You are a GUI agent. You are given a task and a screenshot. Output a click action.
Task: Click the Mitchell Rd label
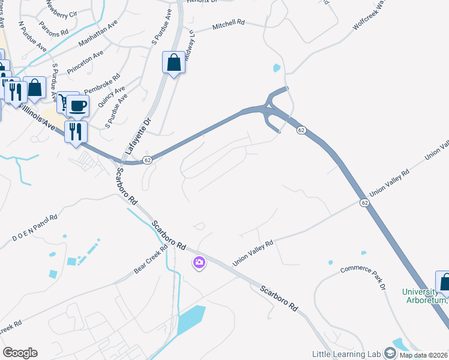point(229,25)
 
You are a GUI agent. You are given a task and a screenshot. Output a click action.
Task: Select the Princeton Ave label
point(85,62)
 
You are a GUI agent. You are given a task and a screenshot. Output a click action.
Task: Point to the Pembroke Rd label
point(102,84)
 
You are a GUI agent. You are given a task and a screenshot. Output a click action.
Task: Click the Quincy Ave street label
point(112,96)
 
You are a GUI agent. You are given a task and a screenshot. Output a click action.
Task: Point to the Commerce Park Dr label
point(363,277)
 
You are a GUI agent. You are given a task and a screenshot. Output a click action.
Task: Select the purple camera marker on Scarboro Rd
point(199,262)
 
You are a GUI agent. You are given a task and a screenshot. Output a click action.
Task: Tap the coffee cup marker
point(77,106)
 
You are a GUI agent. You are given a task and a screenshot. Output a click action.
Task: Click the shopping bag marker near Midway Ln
point(173,62)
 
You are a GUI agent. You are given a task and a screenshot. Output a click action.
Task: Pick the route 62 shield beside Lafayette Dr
point(146,160)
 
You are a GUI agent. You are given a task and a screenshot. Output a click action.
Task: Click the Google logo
point(20,353)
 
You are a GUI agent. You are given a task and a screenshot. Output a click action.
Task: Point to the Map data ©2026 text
point(424,355)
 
